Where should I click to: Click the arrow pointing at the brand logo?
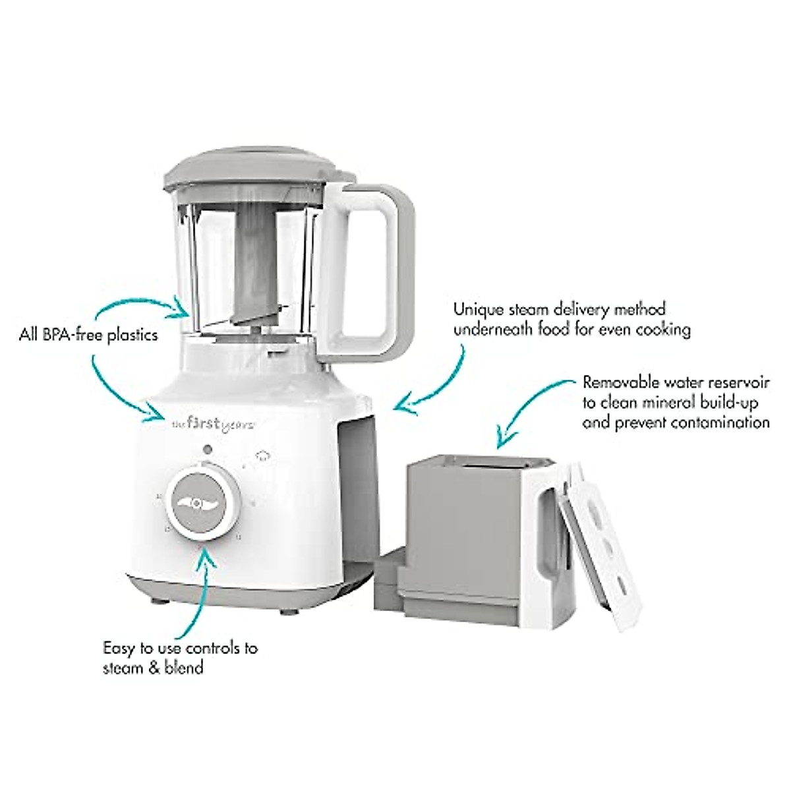122,389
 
